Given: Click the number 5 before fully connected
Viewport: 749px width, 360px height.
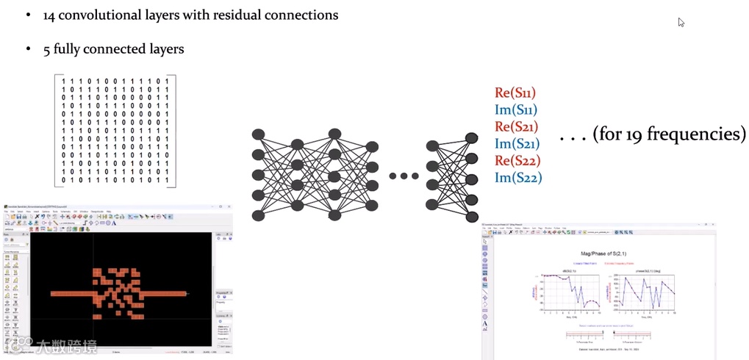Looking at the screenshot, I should (47, 50).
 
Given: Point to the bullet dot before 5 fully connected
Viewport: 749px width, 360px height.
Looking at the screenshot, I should (27, 50).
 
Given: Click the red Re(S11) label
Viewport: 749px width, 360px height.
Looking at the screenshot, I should (515, 93).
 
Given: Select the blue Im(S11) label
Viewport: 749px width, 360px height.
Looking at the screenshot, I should (516, 110).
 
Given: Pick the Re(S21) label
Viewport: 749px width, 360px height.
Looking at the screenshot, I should (517, 127).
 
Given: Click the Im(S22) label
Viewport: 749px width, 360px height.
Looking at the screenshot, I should (518, 177).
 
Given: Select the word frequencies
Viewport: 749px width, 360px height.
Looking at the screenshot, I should (698, 135).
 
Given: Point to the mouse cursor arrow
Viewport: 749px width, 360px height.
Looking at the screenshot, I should (681, 22).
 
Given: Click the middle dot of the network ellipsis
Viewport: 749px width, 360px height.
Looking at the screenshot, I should (404, 176).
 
